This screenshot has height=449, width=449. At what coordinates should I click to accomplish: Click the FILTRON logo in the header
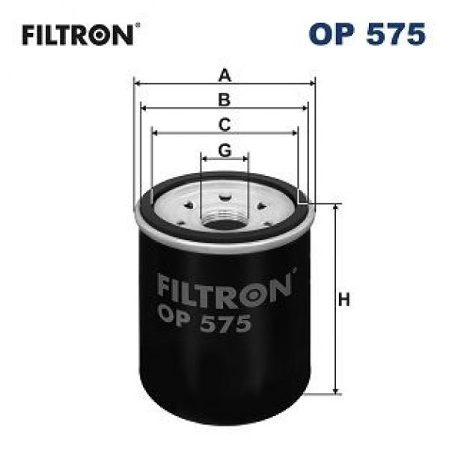(78, 35)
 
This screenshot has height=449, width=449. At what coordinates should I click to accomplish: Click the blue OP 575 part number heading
(367, 34)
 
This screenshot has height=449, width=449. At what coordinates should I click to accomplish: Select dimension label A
(224, 75)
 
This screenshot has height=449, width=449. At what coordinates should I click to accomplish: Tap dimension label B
(224, 100)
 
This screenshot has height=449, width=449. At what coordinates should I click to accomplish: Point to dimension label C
(224, 125)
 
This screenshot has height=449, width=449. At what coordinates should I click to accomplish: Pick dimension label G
(224, 150)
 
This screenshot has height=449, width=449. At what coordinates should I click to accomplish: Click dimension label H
(344, 300)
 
